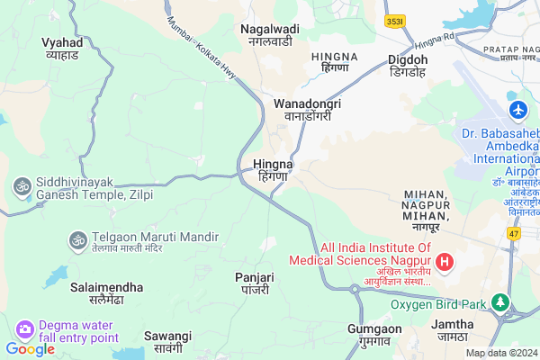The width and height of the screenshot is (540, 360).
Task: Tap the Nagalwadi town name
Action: coord(269,35)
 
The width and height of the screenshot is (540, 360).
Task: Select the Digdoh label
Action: coord(408,66)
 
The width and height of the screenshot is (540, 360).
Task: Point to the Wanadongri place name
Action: coord(307,110)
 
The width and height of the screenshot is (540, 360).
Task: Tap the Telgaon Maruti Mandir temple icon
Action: coord(76,239)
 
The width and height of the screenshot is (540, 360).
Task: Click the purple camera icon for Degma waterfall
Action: coord(24,329)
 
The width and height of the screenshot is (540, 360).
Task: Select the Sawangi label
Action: coord(168,341)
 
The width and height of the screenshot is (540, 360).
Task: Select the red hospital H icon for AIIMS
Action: coord(445,263)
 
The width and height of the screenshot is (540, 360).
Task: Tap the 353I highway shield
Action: coord(393,21)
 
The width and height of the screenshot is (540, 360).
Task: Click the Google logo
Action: coord(30,348)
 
